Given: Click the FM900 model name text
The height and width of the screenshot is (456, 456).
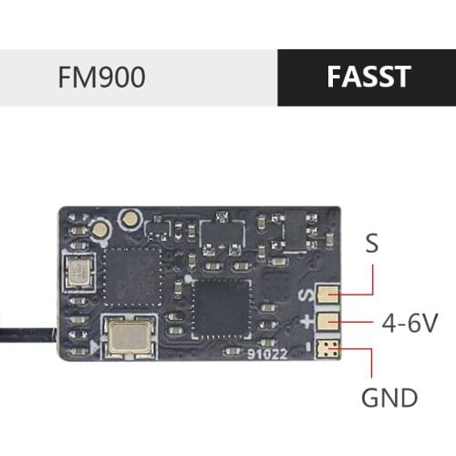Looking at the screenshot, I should click(101, 78).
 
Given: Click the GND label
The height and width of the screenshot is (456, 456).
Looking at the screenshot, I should click(389, 398).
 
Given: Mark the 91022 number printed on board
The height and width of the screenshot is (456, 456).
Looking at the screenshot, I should click(261, 357).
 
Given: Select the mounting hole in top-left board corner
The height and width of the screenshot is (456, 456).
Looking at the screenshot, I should click(70, 216).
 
